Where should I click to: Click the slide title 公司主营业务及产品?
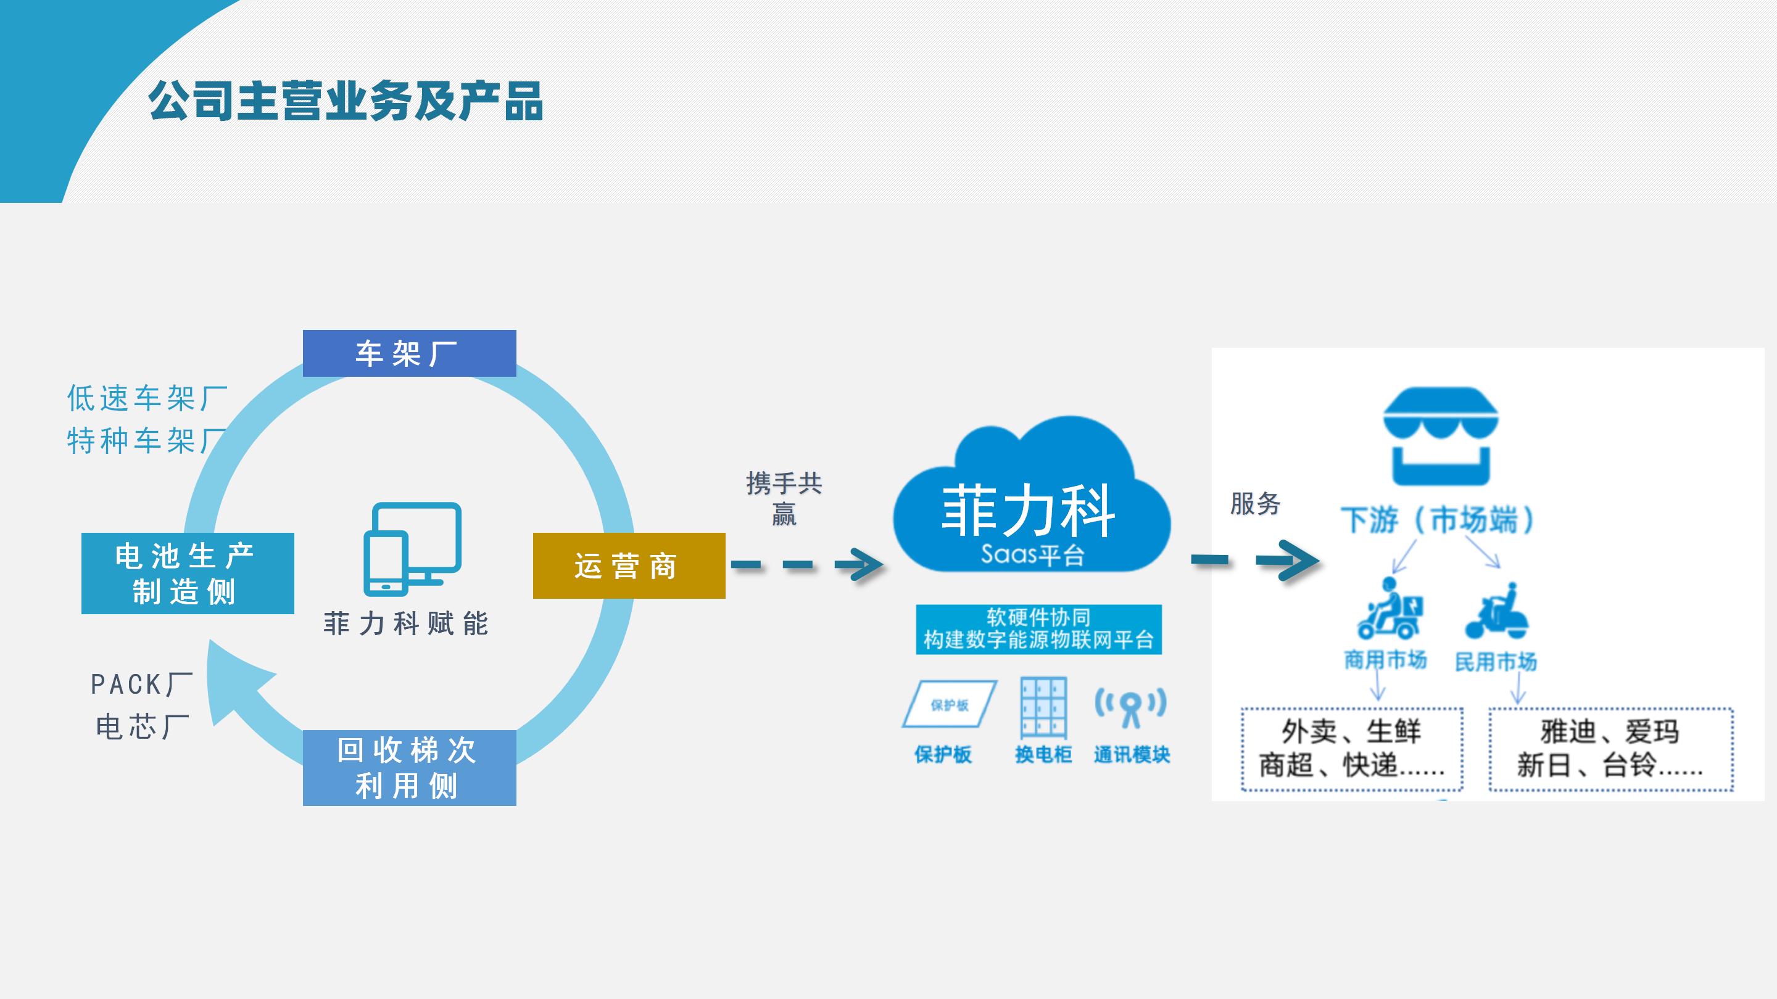pos(345,101)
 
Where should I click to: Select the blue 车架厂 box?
pos(409,353)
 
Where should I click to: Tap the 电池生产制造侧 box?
pos(188,573)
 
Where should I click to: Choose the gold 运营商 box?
pos(629,565)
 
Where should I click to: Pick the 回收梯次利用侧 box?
pos(409,767)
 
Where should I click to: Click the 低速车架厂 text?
pos(147,398)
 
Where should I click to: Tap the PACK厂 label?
pos(141,684)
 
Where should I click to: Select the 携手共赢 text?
pos(784,498)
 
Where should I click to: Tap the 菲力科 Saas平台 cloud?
pos(1030,503)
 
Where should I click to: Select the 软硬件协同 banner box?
pos(1038,629)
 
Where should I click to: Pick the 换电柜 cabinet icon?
pos(1043,707)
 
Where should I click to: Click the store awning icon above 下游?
pos(1440,436)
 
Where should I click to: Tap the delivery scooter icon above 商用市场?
pos(1387,609)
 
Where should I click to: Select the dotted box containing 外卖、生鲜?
pos(1351,749)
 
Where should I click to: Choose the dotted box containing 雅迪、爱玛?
pos(1610,749)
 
